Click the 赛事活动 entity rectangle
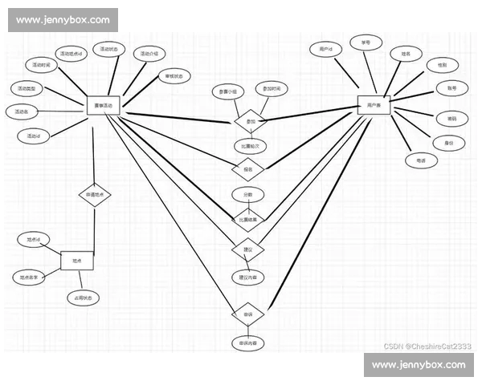pyautogui.click(x=102, y=105)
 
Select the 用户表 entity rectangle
pyautogui.click(x=374, y=105)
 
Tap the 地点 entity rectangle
pyautogui.click(x=77, y=261)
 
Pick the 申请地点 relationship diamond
pyautogui.click(x=94, y=195)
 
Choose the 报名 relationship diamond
pyautogui.click(x=247, y=169)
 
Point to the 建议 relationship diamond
pyautogui.click(x=247, y=249)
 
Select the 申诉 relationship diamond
pyautogui.click(x=247, y=314)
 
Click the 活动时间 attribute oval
pyautogui.click(x=42, y=65)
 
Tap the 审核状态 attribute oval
pyautogui.click(x=174, y=76)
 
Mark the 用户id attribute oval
pyautogui.click(x=325, y=50)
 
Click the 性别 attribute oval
pyautogui.click(x=442, y=64)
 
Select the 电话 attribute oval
pyautogui.click(x=421, y=161)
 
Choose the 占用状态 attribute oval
pyautogui.click(x=84, y=298)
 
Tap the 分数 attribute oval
pyautogui.click(x=247, y=194)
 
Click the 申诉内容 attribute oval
pyautogui.click(x=247, y=343)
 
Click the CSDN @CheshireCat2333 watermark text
pyautogui.click(x=427, y=346)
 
